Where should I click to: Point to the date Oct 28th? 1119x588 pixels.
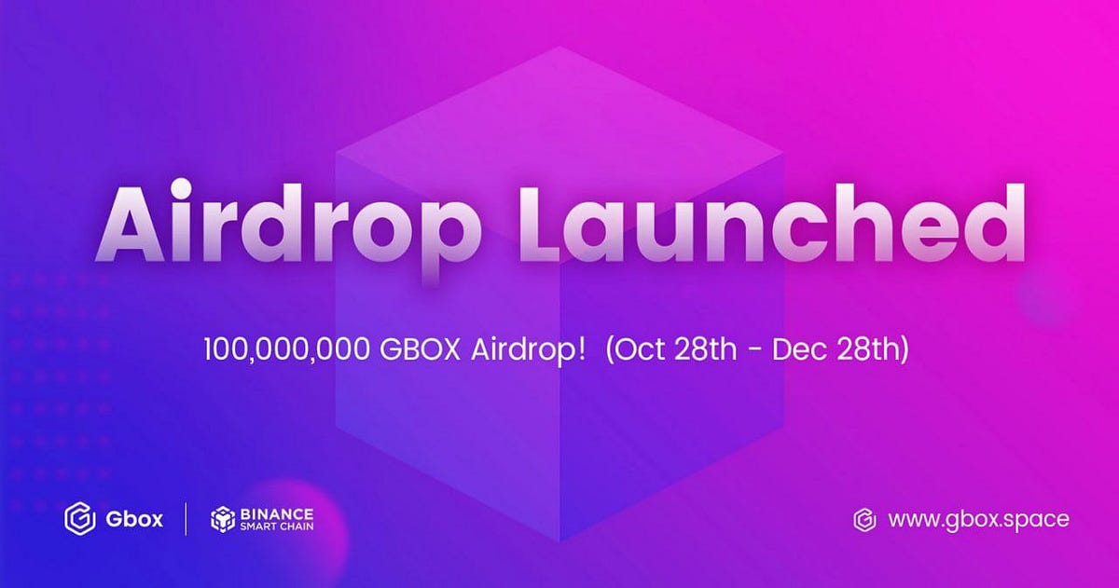pos(663,353)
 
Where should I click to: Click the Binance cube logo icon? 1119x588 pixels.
pos(225,519)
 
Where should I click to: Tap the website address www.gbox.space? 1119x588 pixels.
pos(978,519)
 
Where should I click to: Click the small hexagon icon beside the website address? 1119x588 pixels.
pos(864,519)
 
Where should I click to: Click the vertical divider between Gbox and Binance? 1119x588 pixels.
pos(186,519)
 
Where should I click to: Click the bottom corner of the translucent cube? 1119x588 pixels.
pos(558,540)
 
